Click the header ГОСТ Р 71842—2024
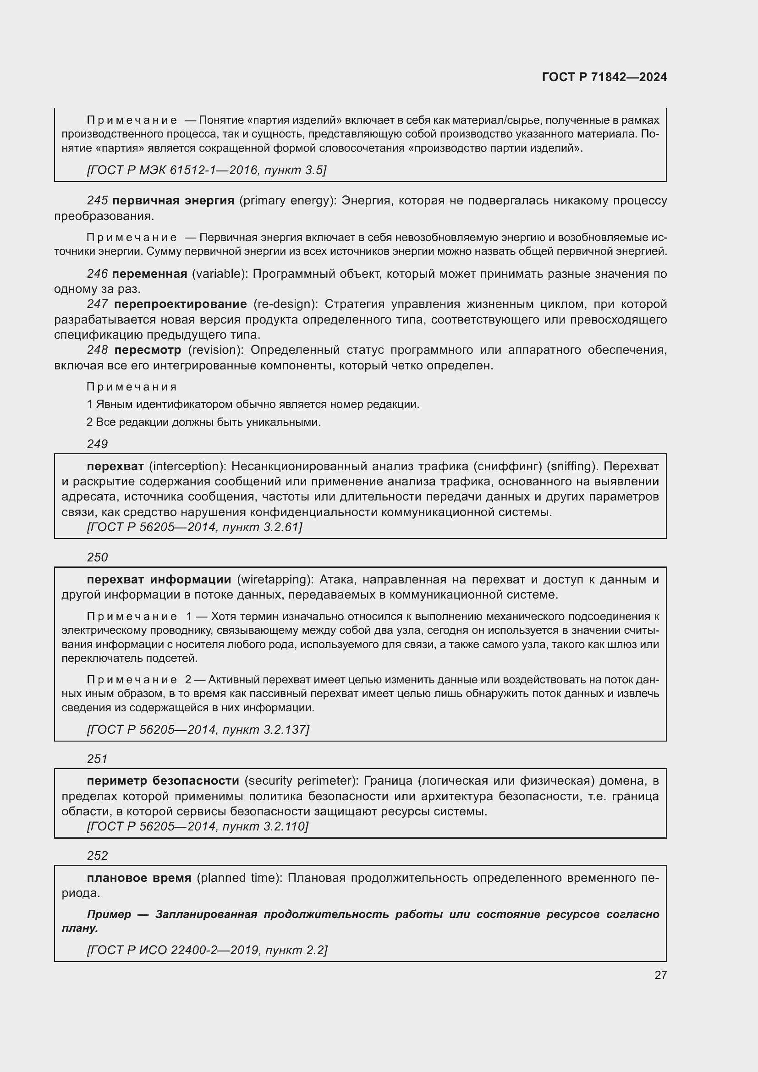pyautogui.click(x=604, y=77)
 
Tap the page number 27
pyautogui.click(x=660, y=975)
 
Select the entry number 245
pyautogui.click(x=97, y=201)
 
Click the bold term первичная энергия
pyautogui.click(x=173, y=201)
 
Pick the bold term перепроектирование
pyautogui.click(x=180, y=304)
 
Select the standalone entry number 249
pyautogui.click(x=97, y=444)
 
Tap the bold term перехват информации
pyautogui.click(x=159, y=580)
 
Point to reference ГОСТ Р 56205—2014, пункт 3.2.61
pyautogui.click(x=195, y=528)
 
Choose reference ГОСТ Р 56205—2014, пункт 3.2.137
pyautogui.click(x=198, y=730)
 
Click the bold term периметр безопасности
pyautogui.click(x=163, y=781)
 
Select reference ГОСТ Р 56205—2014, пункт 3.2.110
pyautogui.click(x=198, y=827)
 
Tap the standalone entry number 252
pyautogui.click(x=97, y=855)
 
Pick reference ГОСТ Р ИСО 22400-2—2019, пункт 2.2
pyautogui.click(x=207, y=950)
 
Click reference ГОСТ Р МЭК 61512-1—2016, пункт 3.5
pyautogui.click(x=206, y=170)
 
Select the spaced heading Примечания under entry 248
pyautogui.click(x=132, y=387)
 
